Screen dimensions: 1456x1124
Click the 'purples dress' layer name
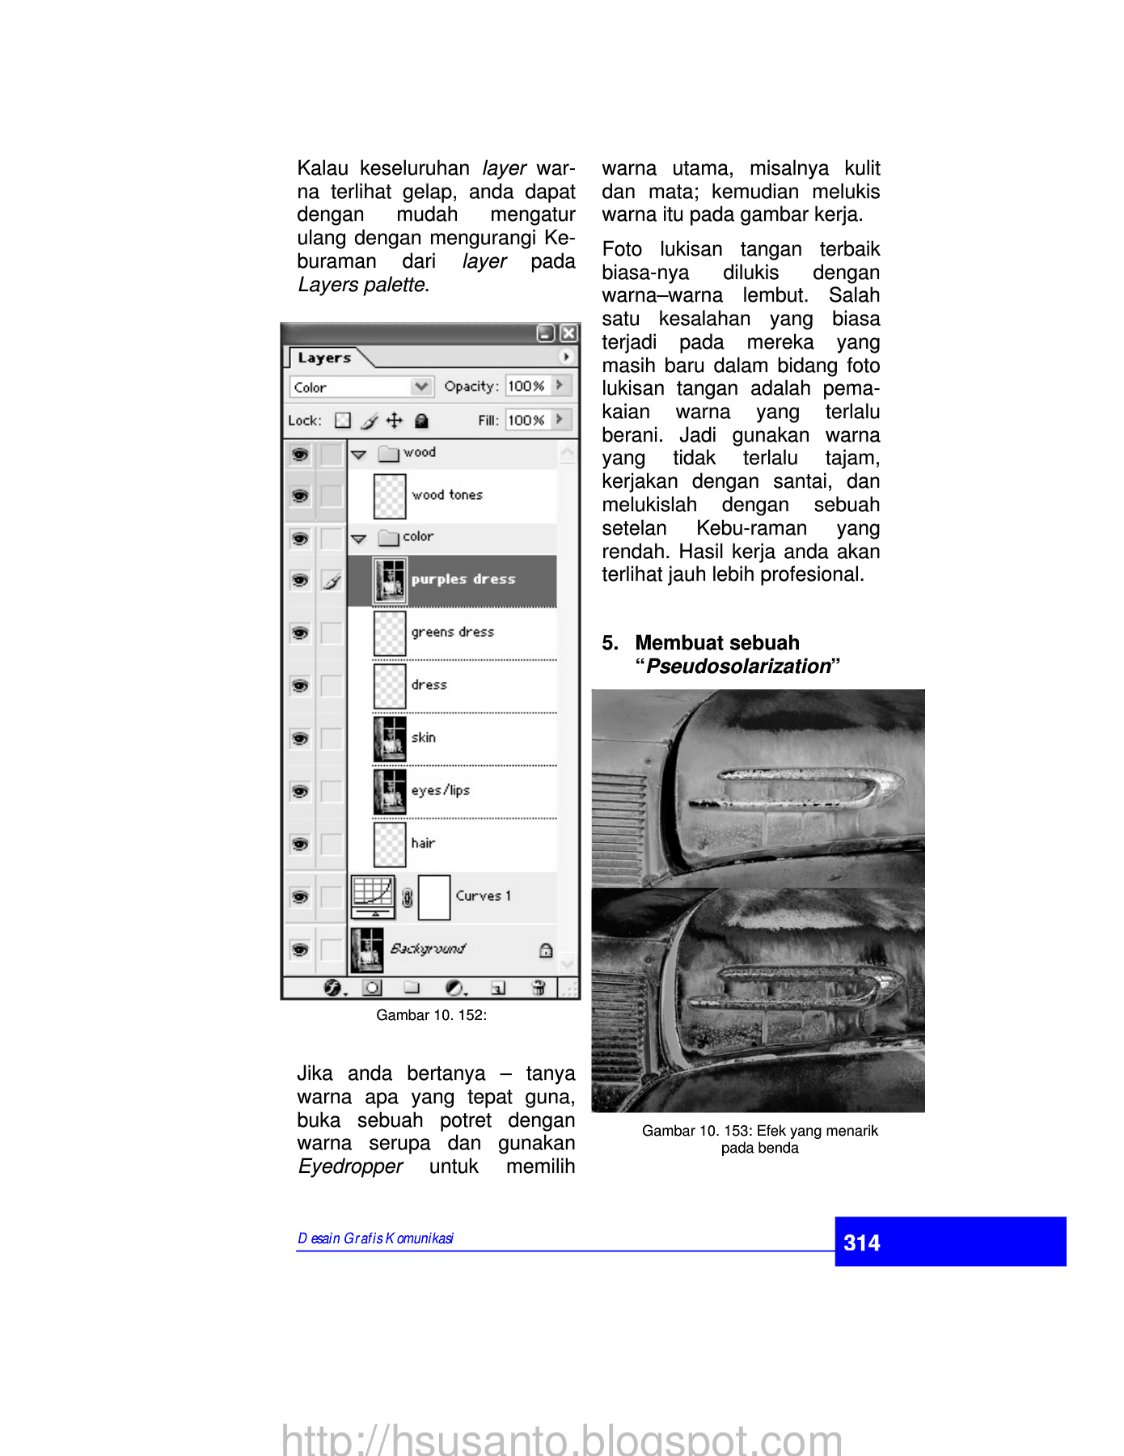463,579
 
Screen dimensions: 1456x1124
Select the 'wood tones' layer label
446,495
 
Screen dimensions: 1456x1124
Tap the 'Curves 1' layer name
483,895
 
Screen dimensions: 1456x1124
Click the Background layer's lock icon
546,950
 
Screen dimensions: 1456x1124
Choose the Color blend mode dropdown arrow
420,387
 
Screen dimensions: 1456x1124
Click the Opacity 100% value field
526,387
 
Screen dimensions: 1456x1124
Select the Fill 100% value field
526,421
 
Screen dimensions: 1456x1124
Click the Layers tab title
324,358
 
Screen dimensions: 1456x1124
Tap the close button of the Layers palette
568,333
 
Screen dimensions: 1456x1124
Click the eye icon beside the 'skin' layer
300,739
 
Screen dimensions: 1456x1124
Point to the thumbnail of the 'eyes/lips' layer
390,791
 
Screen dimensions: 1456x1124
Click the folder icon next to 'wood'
390,453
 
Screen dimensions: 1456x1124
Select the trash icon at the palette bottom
538,987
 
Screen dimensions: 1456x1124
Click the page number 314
861,1242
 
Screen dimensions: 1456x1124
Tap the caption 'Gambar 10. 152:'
431,1015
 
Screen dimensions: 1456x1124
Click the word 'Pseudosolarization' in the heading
738,667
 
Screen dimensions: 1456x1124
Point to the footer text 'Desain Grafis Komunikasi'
375,1238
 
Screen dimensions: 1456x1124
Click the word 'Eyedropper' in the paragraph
350,1166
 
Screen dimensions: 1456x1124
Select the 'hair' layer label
423,843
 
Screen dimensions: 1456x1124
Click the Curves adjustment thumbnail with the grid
373,896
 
